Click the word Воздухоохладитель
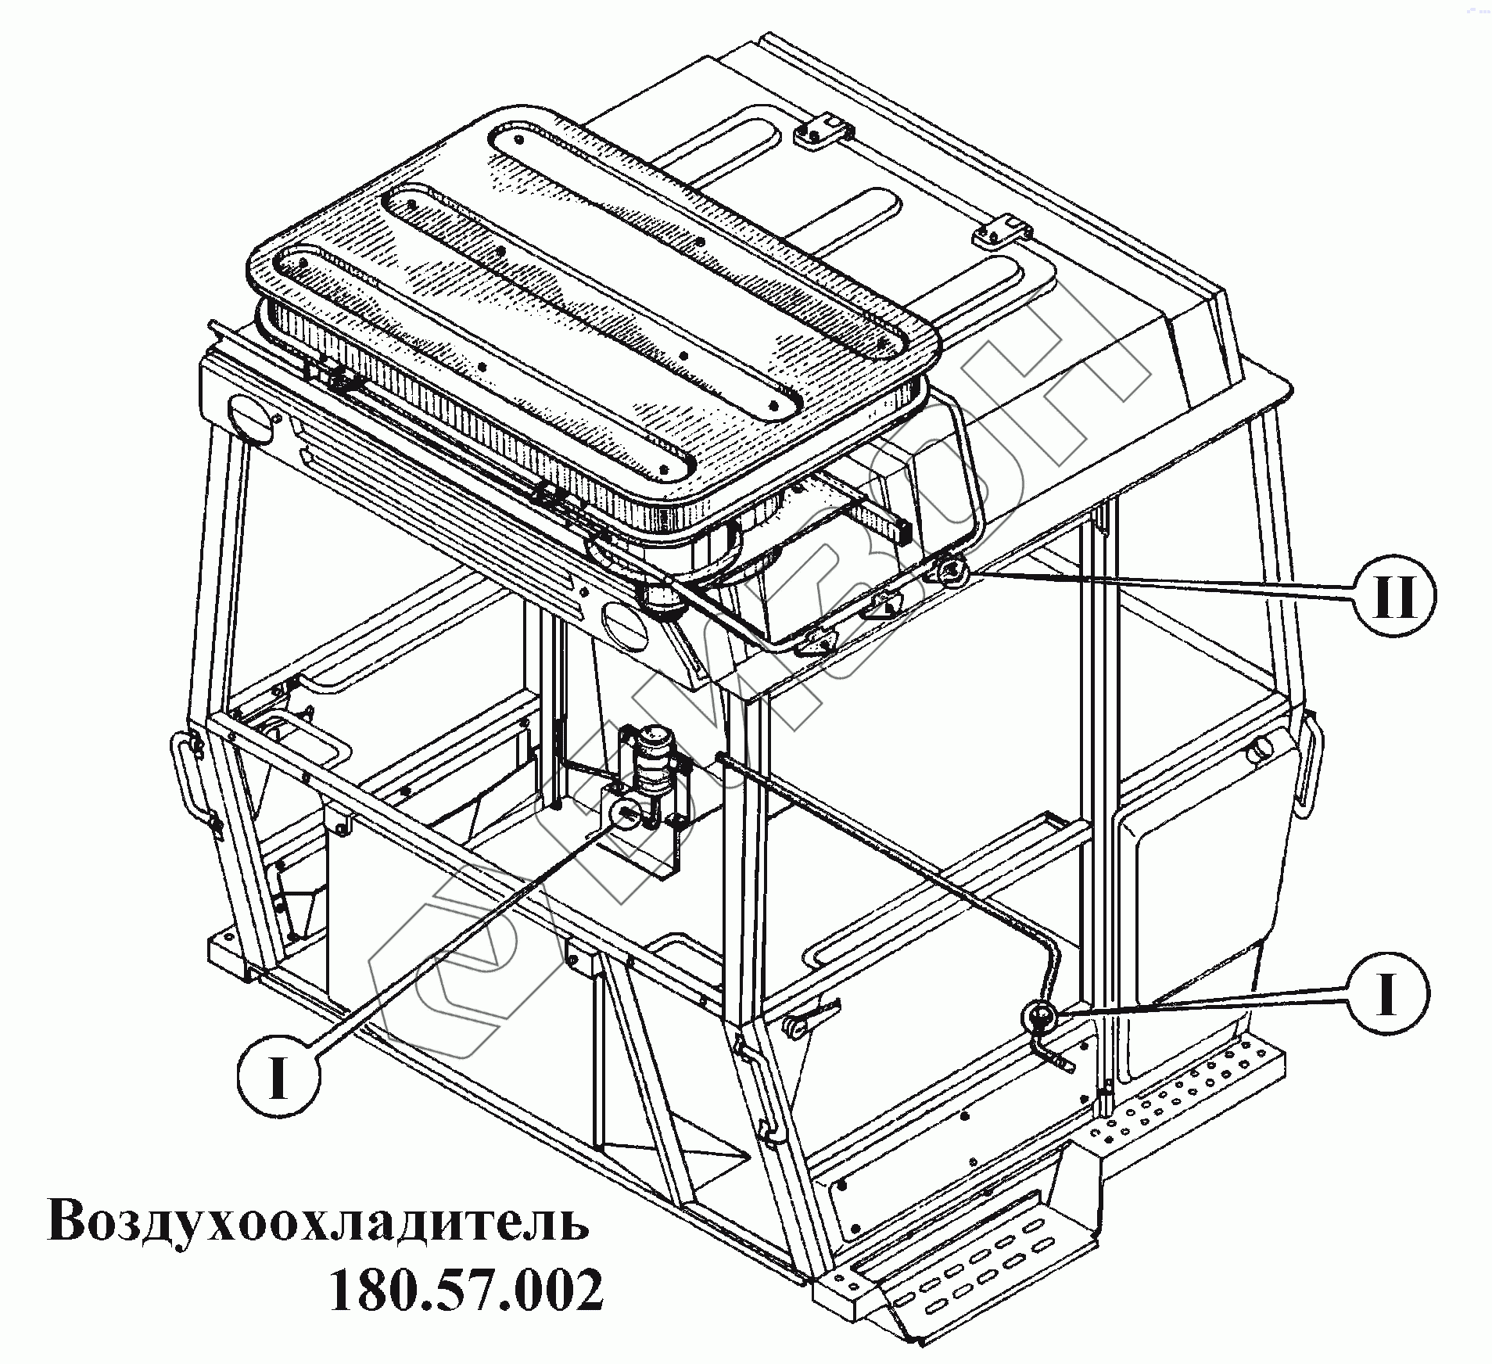(x=318, y=1222)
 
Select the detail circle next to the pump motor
(x=626, y=814)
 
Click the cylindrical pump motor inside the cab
(x=651, y=756)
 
